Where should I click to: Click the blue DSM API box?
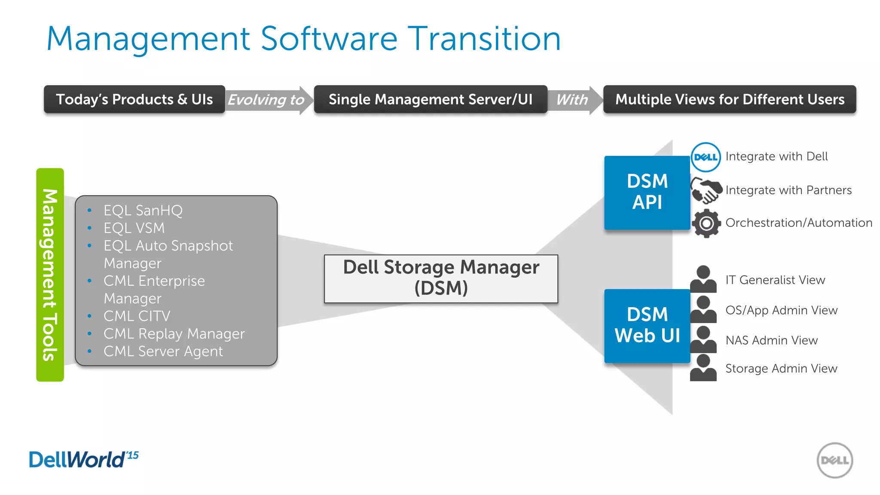point(647,192)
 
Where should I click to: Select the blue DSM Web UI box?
point(647,325)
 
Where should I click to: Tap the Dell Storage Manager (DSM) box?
point(441,278)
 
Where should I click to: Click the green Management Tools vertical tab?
point(50,275)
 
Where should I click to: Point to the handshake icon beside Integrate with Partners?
point(706,190)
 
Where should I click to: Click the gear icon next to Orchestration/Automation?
point(706,223)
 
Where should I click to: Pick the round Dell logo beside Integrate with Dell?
point(706,157)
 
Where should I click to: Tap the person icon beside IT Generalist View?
point(703,279)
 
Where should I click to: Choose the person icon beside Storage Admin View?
point(703,368)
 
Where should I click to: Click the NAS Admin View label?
point(771,340)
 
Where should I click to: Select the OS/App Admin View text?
point(781,310)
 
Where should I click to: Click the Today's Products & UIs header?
point(134,100)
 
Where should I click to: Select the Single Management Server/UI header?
point(431,100)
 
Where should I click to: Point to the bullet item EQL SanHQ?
point(143,211)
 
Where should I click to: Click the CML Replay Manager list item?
point(174,334)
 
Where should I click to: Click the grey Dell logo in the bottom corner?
point(834,460)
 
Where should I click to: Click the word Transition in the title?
point(484,39)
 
